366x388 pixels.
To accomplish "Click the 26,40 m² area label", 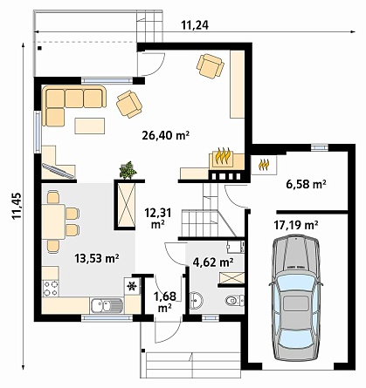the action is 166,135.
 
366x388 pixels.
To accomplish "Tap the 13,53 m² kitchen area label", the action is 97,258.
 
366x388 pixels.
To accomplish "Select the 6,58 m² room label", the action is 306,184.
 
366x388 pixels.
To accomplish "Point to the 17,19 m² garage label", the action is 295,225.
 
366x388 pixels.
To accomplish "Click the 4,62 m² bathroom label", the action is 213,262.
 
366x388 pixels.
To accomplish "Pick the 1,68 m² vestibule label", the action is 165,302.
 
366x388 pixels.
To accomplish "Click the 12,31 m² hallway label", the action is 158,218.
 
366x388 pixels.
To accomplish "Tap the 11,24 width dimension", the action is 195,25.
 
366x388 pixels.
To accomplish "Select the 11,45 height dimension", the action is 17,206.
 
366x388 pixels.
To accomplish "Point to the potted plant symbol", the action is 128,170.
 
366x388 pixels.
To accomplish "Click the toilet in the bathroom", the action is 235,300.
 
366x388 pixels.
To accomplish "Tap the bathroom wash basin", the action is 196,300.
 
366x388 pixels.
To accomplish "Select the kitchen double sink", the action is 107,305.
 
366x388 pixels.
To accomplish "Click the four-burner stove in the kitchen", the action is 51,289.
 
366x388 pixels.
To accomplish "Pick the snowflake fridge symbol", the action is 132,287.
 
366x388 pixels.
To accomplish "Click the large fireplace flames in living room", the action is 223,156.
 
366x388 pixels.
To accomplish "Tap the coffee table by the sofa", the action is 90,126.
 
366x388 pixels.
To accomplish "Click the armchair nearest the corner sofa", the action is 129,104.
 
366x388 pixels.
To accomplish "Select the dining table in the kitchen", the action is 53,222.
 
